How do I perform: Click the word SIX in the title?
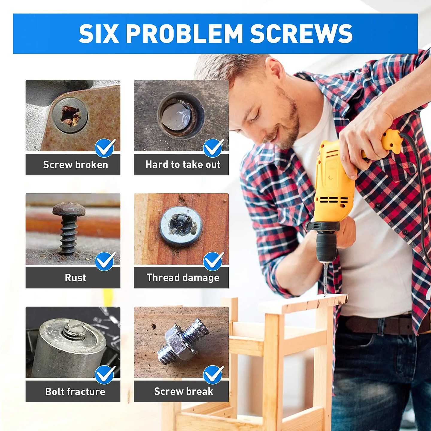(98, 34)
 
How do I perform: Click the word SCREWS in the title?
(301, 34)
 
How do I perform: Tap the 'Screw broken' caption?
(75, 165)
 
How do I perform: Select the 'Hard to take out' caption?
(183, 165)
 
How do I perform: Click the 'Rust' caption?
(75, 278)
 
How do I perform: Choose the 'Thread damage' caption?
(183, 278)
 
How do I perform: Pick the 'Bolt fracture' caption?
(75, 391)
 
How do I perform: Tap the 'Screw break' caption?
(183, 391)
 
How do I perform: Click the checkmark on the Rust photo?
(105, 261)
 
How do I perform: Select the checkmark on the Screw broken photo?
(105, 148)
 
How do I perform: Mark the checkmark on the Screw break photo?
(213, 374)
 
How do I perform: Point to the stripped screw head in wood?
(181, 225)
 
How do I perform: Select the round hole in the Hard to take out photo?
(180, 116)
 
